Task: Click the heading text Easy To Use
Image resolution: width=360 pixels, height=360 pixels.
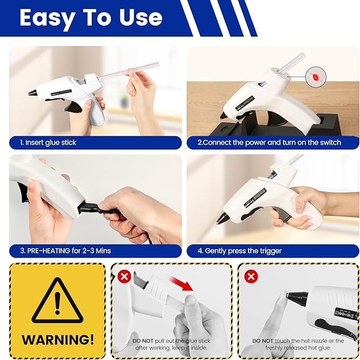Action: (91, 17)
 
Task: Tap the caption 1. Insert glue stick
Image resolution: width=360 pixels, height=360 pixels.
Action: (48, 143)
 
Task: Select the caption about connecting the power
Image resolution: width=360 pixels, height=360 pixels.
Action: (269, 143)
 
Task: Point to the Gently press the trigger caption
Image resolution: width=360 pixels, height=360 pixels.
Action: (243, 250)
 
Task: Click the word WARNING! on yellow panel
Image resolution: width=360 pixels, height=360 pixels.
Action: (57, 339)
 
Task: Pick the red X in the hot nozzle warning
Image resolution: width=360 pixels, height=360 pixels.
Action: (251, 277)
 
